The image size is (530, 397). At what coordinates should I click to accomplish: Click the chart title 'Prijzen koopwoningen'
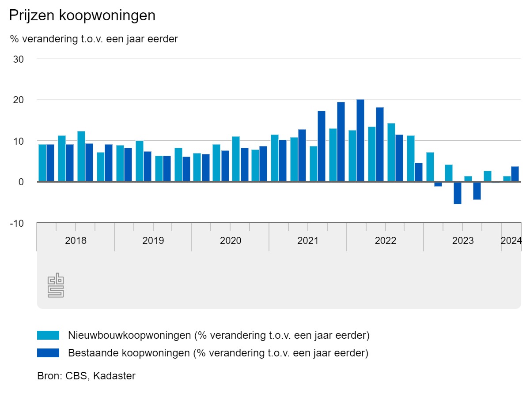click(82, 15)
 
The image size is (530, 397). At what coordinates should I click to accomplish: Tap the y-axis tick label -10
click(17, 223)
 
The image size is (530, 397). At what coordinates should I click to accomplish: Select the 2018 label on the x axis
click(76, 241)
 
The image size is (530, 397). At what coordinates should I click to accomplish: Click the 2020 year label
click(230, 241)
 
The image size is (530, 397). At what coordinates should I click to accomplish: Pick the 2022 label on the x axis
click(385, 241)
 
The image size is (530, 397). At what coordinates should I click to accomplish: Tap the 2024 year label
click(511, 241)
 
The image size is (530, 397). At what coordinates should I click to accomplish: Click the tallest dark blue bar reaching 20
click(360, 140)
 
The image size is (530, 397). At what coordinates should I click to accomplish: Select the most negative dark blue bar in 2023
click(458, 193)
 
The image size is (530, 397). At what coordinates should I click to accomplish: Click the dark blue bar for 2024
click(515, 174)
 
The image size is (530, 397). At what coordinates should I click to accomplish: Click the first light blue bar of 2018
click(42, 163)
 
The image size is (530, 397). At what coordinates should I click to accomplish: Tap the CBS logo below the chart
click(56, 285)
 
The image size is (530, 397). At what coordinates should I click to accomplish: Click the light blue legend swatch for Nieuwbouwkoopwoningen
click(48, 335)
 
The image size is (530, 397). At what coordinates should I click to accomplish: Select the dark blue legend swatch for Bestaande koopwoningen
click(48, 353)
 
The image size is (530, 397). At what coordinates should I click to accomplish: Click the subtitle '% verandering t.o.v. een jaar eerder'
click(94, 39)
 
